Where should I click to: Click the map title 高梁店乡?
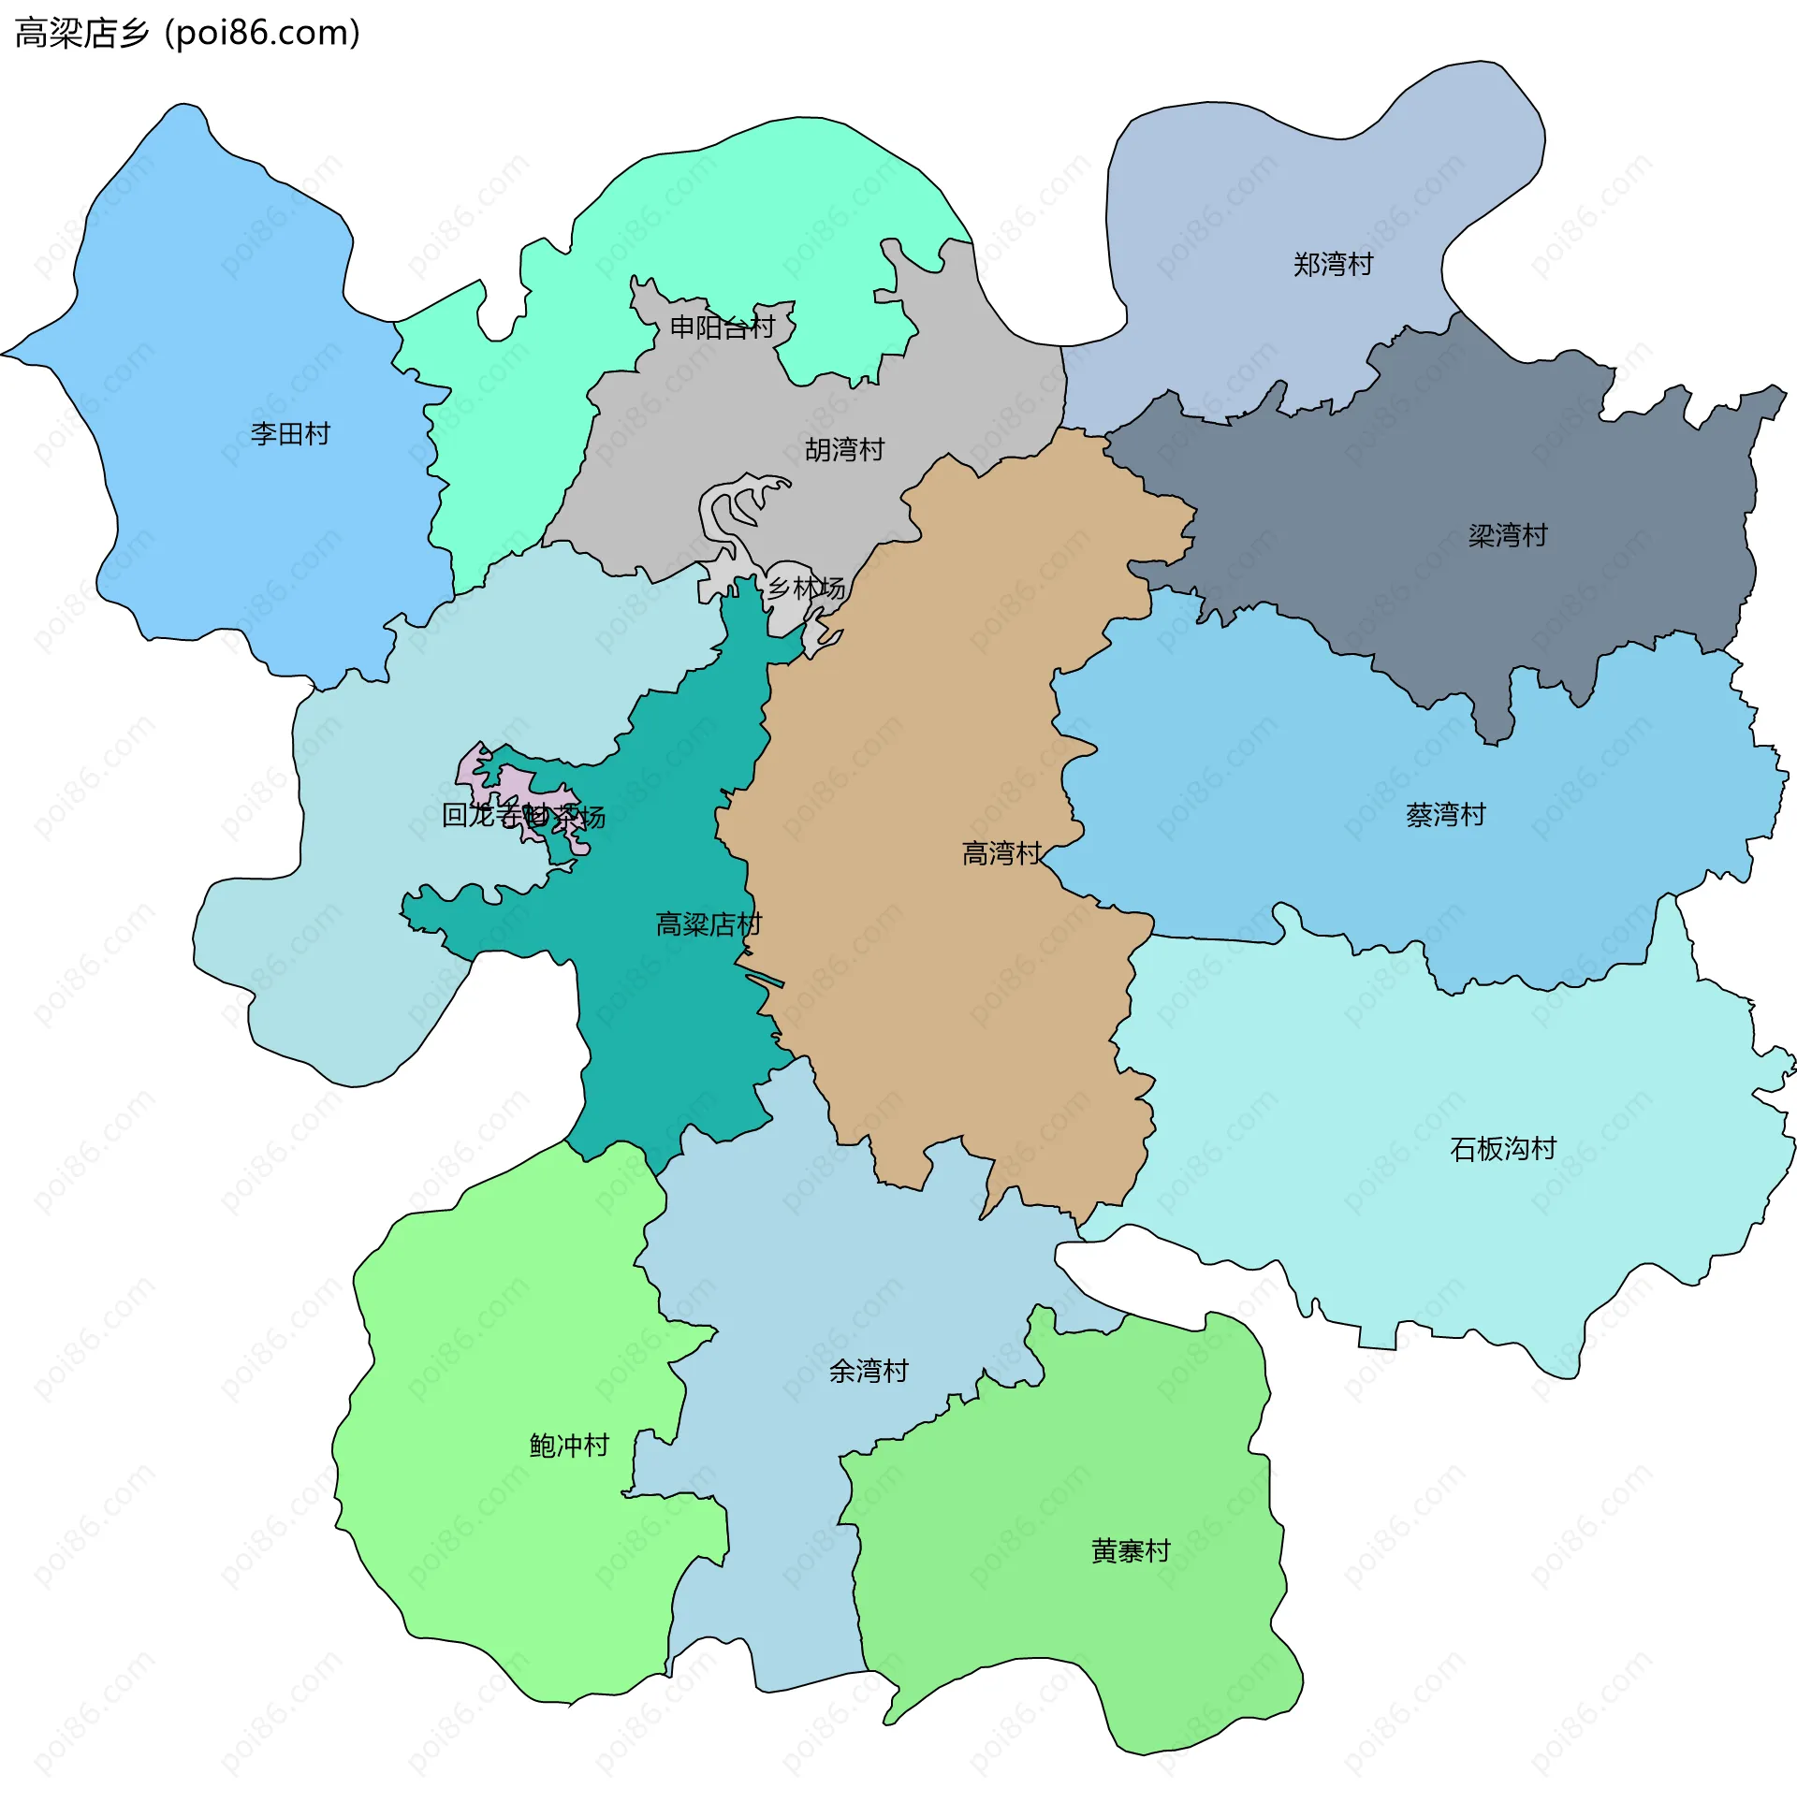click(81, 34)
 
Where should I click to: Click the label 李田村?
click(290, 433)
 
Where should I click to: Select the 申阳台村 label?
click(722, 327)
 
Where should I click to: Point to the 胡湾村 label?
click(844, 449)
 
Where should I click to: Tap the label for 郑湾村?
click(1332, 264)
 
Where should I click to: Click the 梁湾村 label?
click(1507, 536)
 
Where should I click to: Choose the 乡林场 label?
click(805, 589)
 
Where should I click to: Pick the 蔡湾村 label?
click(1445, 814)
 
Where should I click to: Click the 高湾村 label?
click(1001, 853)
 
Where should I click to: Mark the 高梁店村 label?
click(708, 924)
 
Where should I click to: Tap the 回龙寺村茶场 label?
click(523, 815)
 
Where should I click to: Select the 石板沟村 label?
click(1502, 1148)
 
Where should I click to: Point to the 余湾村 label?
click(868, 1372)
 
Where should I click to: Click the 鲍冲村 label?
click(569, 1445)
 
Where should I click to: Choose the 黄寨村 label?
click(1130, 1551)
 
